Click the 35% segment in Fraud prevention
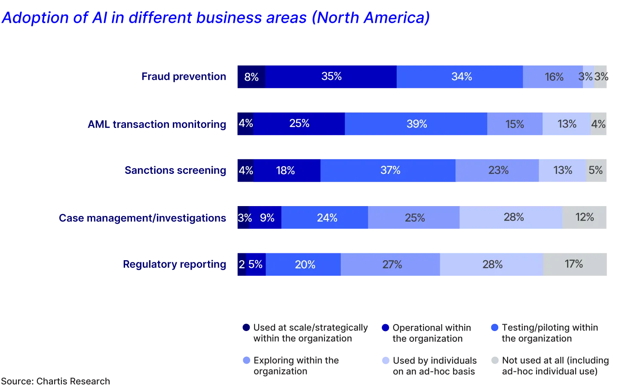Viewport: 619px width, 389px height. point(331,77)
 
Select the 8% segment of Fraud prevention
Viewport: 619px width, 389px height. point(251,77)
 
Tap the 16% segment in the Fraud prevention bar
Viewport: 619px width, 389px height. point(553,77)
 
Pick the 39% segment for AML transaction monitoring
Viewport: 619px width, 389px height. point(416,124)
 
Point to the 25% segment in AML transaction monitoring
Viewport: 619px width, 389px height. point(299,124)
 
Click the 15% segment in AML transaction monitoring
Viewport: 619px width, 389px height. point(515,124)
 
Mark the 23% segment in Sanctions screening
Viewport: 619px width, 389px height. point(497,170)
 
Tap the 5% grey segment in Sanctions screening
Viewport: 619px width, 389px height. point(597,170)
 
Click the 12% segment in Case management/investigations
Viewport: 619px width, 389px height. point(585,218)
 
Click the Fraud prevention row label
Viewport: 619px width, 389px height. point(184,77)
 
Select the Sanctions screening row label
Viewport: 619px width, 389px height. point(175,170)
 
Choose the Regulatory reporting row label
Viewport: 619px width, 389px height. point(174,264)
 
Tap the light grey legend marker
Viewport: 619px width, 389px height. point(493,359)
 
